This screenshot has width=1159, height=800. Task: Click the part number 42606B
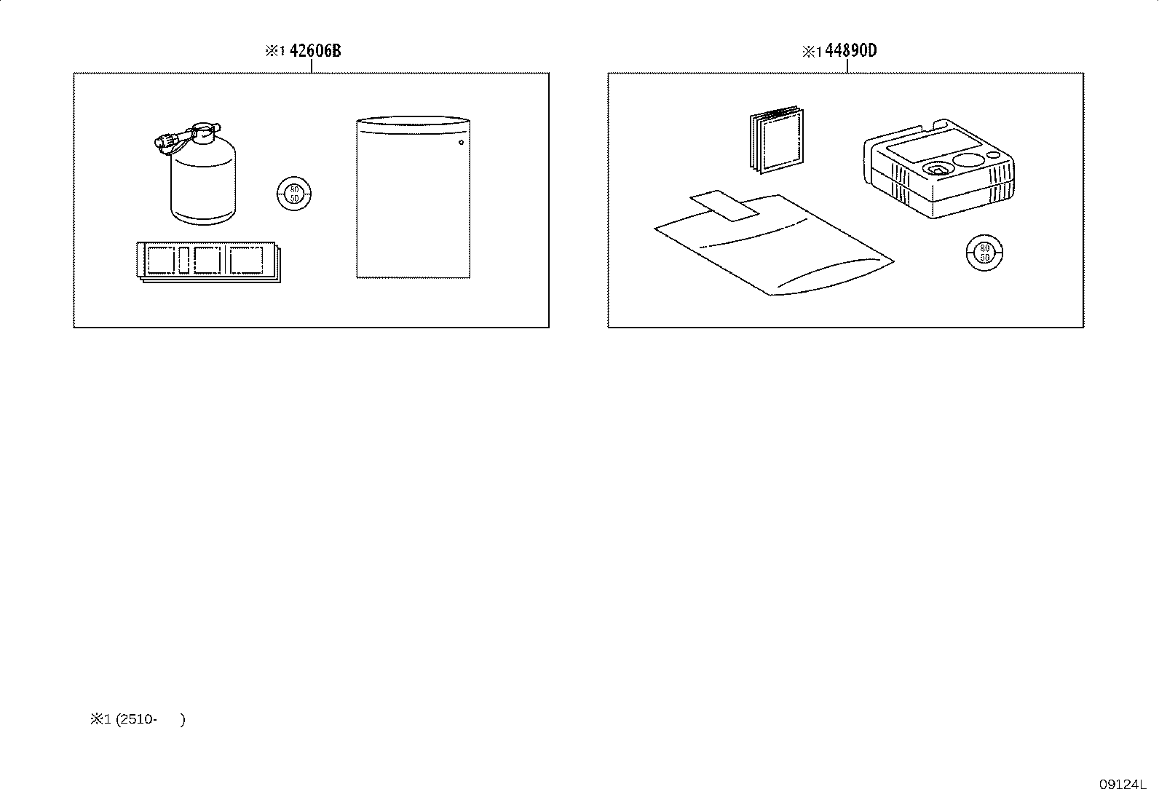(x=315, y=51)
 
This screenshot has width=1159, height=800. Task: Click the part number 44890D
(x=851, y=51)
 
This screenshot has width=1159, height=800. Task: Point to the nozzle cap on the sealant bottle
(x=167, y=140)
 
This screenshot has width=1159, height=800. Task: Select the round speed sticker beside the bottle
(x=294, y=194)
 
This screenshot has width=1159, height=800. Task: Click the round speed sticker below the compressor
(x=984, y=253)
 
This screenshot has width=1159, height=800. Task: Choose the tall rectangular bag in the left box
(x=414, y=197)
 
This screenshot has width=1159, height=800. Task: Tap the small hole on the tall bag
(x=461, y=142)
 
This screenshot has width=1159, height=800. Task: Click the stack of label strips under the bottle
(x=208, y=262)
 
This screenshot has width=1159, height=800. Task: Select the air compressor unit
(x=938, y=169)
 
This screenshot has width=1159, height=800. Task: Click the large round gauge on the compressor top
(x=968, y=160)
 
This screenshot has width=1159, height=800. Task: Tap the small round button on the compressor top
(x=994, y=155)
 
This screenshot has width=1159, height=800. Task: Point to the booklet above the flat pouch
(x=777, y=140)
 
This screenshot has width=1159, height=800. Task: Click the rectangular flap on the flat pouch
(x=724, y=205)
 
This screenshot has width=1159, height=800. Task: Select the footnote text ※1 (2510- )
(x=138, y=719)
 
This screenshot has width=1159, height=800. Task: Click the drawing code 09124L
(x=1123, y=785)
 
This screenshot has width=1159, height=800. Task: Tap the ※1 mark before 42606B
(x=275, y=51)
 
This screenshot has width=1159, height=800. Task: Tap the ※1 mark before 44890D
(x=812, y=52)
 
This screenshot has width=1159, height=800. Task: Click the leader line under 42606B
(x=312, y=66)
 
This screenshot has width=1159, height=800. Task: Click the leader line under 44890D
(x=847, y=66)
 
